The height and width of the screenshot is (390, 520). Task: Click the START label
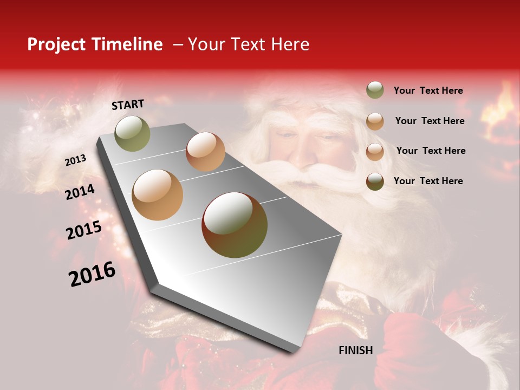click(128, 105)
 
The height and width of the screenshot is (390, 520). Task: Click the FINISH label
click(355, 350)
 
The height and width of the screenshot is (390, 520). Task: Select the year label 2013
click(75, 160)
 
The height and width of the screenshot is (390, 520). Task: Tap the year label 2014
click(80, 192)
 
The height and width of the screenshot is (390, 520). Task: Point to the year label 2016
click(92, 274)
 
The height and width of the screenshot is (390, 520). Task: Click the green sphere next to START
click(133, 133)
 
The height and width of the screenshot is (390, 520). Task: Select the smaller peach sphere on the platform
click(205, 152)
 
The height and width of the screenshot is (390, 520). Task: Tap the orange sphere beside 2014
click(158, 195)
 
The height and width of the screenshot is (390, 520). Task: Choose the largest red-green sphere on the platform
click(235, 225)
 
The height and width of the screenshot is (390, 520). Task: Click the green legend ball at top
click(375, 90)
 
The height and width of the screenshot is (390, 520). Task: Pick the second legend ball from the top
click(375, 121)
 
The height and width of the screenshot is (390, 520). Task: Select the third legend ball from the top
click(375, 152)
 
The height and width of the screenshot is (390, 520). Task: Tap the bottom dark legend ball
click(375, 181)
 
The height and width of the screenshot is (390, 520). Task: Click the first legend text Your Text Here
click(428, 91)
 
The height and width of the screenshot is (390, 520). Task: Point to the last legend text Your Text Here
click(428, 181)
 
